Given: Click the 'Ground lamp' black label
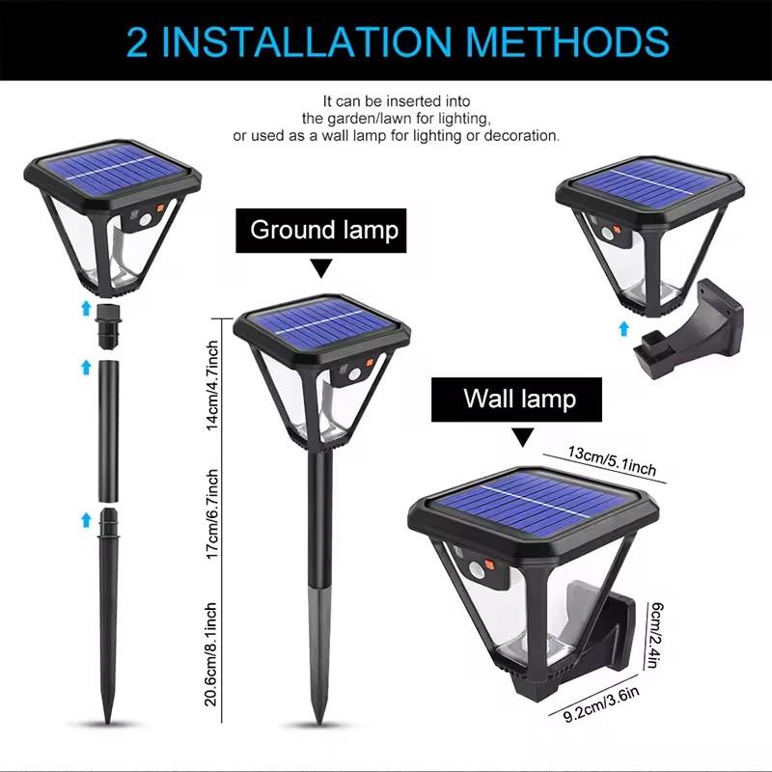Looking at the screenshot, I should pyautogui.click(x=323, y=230).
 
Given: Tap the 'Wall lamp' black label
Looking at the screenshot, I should pyautogui.click(x=518, y=399).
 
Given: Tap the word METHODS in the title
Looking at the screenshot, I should pyautogui.click(x=560, y=42).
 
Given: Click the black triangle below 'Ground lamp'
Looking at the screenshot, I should pyautogui.click(x=321, y=268).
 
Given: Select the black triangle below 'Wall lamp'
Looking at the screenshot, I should pyautogui.click(x=521, y=438).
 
